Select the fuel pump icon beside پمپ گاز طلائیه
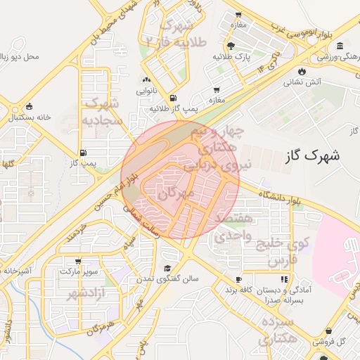pyautogui.click(x=173, y=98)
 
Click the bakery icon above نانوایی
pyautogui.click(x=147, y=81)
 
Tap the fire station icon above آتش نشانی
pyautogui.click(x=302, y=71)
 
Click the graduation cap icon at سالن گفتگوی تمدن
pyautogui.click(x=167, y=269)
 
